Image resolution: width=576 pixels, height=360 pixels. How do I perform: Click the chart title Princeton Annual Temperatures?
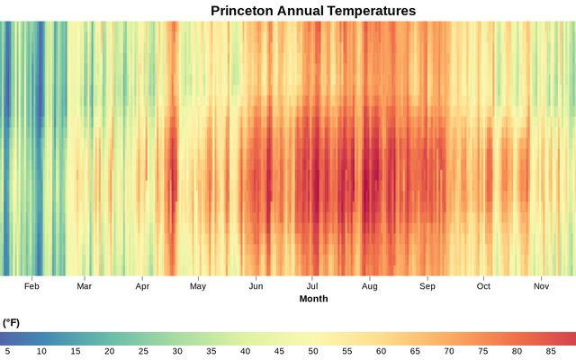(x=313, y=11)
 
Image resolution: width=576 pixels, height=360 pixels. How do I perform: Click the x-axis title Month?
(x=313, y=299)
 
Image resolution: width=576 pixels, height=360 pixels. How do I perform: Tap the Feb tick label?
(x=32, y=286)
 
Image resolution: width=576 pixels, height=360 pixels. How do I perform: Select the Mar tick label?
(x=84, y=286)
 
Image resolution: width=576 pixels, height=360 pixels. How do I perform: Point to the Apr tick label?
(x=142, y=286)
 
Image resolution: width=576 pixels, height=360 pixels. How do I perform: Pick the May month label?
(x=198, y=286)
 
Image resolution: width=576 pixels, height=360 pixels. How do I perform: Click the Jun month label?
(x=256, y=286)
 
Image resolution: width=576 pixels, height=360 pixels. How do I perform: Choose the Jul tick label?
(x=312, y=286)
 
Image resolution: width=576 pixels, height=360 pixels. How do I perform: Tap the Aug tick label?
(x=369, y=286)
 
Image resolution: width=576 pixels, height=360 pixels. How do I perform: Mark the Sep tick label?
(x=427, y=286)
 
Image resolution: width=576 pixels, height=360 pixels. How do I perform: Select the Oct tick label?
(x=483, y=286)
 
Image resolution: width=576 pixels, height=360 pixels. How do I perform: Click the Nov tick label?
(x=541, y=286)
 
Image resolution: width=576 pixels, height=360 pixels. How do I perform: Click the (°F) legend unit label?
(x=11, y=322)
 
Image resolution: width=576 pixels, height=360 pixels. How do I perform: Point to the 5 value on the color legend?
(x=7, y=351)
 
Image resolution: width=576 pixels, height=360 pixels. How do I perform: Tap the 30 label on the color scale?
(x=177, y=351)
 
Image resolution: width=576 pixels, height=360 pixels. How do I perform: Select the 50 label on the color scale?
(x=313, y=351)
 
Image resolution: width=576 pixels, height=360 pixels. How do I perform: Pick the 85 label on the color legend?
(x=551, y=351)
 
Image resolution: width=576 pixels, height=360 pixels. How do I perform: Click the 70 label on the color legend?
(x=449, y=351)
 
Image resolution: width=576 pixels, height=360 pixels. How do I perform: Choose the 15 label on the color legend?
(x=76, y=351)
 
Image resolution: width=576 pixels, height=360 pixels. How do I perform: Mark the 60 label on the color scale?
(x=381, y=351)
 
